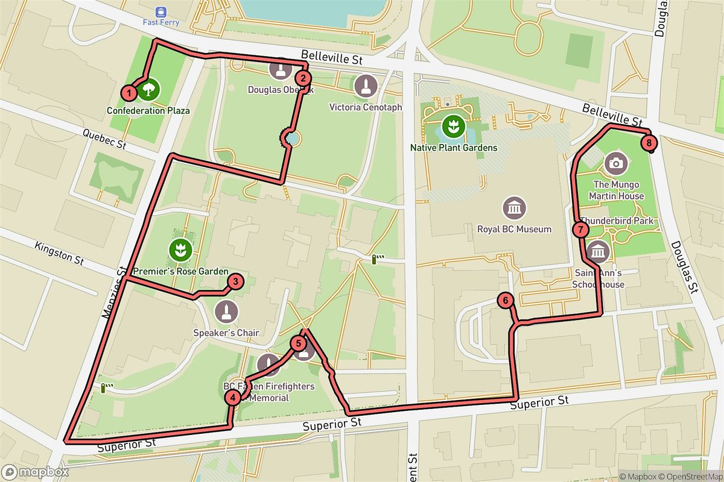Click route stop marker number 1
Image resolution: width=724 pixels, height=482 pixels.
point(129,93)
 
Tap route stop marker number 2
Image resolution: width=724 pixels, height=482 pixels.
point(302,78)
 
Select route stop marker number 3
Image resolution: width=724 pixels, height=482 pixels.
point(235,281)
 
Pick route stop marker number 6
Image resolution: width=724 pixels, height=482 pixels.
point(506,299)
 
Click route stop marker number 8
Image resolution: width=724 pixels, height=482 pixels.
point(648,143)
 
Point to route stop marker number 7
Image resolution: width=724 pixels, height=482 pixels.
point(580,229)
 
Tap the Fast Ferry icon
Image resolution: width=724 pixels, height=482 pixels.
point(160,11)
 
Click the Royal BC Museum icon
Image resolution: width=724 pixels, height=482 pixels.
point(513,208)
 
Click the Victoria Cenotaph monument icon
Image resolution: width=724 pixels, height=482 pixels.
point(366,86)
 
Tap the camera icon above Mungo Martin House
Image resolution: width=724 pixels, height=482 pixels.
point(615,162)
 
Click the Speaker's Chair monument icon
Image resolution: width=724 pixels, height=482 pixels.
point(226,311)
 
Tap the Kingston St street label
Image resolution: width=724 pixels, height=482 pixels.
point(59,253)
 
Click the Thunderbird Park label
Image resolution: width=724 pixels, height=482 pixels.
point(617,221)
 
